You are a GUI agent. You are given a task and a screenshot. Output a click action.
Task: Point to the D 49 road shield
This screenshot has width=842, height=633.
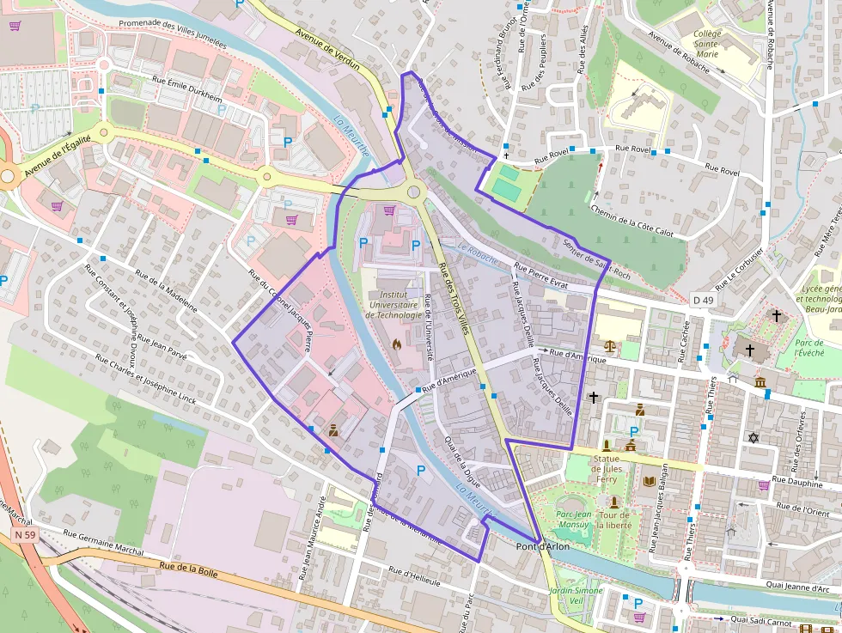tap(702, 300)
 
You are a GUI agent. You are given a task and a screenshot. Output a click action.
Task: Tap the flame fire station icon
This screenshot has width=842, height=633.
tap(396, 344)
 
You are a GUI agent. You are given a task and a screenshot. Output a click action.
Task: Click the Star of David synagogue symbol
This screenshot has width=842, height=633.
tap(754, 438)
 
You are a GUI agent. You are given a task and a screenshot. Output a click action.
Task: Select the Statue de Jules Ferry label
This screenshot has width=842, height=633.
tap(606, 469)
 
